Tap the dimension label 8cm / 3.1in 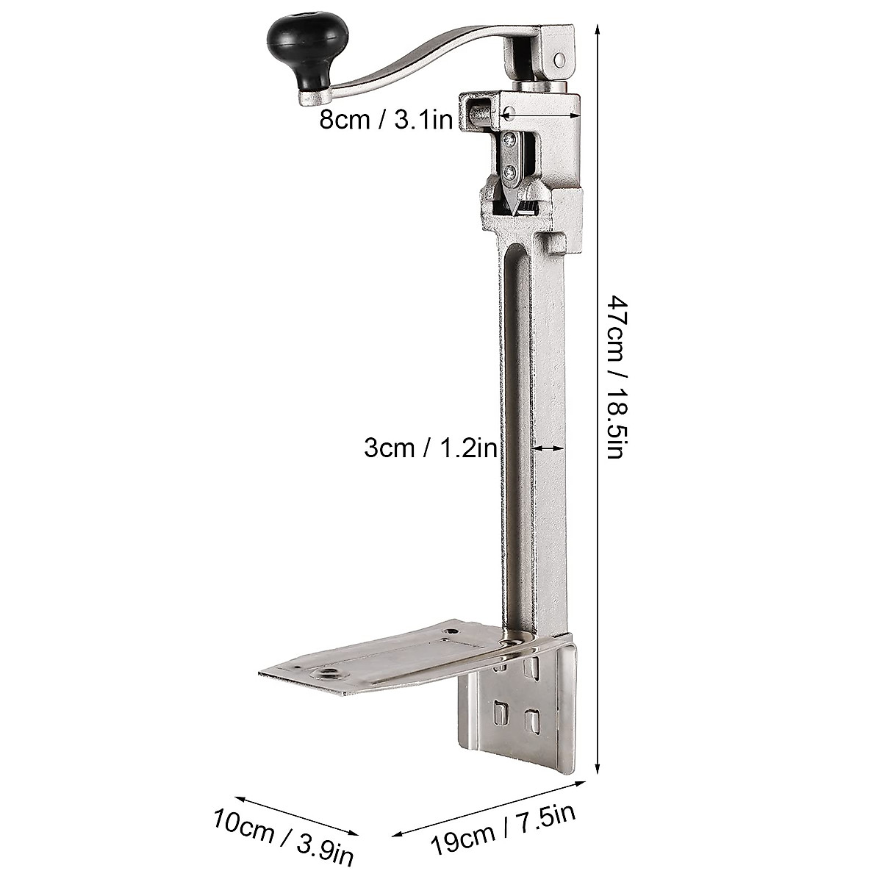[x=385, y=120]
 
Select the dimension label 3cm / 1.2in [x=430, y=448]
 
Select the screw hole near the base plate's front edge [x=324, y=673]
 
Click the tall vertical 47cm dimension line [x=597, y=397]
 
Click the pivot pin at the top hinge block [x=559, y=59]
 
